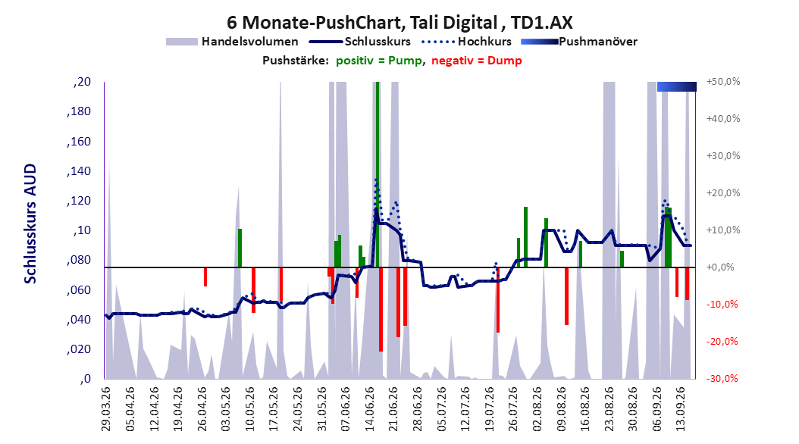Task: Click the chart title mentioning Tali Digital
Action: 399,23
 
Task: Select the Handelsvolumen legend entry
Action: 233,42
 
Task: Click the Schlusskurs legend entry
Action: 360,42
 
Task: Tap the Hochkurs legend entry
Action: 466,42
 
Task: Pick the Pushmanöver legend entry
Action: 579,42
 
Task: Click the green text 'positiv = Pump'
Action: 379,61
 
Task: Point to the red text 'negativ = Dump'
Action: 477,61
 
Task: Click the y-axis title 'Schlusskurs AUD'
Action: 30,224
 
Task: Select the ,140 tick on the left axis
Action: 79,170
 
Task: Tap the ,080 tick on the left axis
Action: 79,260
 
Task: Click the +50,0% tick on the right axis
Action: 723,82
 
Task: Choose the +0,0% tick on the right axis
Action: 720,267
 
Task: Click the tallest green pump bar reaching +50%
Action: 378,174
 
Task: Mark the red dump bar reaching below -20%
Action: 381,309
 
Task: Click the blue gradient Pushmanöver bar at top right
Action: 677,86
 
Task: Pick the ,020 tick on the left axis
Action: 79,349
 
